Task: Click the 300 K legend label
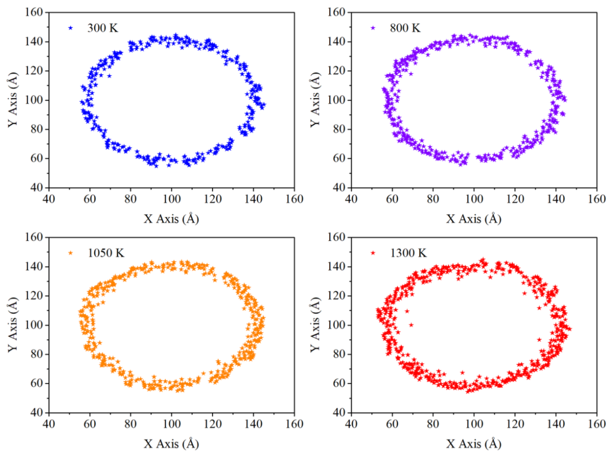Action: [103, 28]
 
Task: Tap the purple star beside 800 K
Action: [373, 28]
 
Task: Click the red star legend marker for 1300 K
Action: [373, 253]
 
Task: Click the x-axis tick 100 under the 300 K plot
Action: [172, 199]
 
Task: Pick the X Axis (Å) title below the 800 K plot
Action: [474, 219]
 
